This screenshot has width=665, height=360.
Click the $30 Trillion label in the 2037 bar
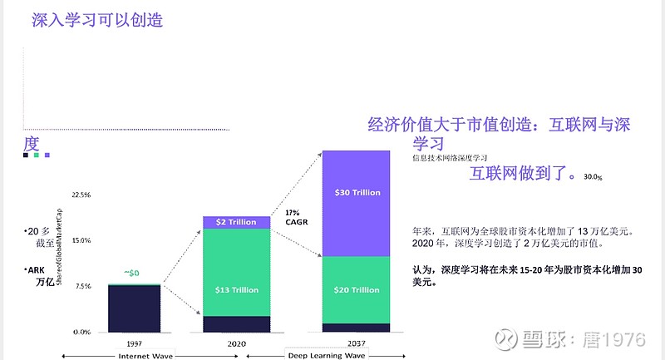click(357, 193)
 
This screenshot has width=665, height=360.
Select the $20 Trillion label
click(357, 290)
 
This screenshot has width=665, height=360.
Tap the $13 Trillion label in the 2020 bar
click(237, 290)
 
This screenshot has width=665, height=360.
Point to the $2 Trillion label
click(237, 222)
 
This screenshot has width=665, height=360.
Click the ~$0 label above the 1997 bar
click(131, 274)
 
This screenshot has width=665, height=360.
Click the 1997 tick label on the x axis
click(133, 342)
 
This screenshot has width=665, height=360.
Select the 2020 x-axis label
click(237, 342)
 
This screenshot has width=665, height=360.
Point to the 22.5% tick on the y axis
click(81, 195)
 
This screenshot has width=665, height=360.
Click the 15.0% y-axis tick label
click(81, 240)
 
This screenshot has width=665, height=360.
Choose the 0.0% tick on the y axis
click(82, 332)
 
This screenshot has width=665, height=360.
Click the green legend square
click(37, 155)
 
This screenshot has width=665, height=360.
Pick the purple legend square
click(47, 155)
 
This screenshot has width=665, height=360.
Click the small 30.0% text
click(593, 177)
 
